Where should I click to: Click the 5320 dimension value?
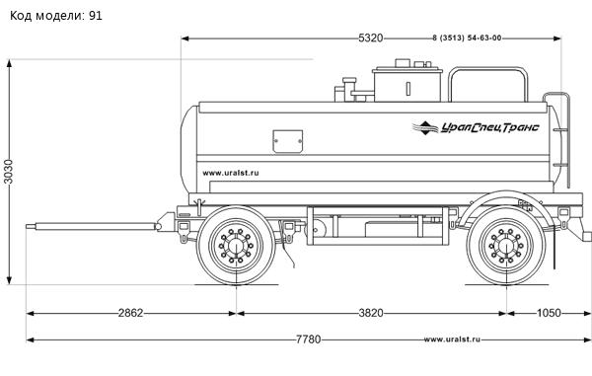[370, 38]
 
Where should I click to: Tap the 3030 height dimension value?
[8, 172]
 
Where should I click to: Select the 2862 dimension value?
[130, 313]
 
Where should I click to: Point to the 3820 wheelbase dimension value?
[371, 313]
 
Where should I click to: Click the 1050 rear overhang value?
[549, 313]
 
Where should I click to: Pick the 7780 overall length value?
[308, 339]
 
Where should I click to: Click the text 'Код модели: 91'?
[56, 16]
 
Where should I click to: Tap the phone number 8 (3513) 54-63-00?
[467, 38]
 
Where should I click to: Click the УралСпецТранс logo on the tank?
[476, 127]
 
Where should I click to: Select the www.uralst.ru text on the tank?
[231, 173]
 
